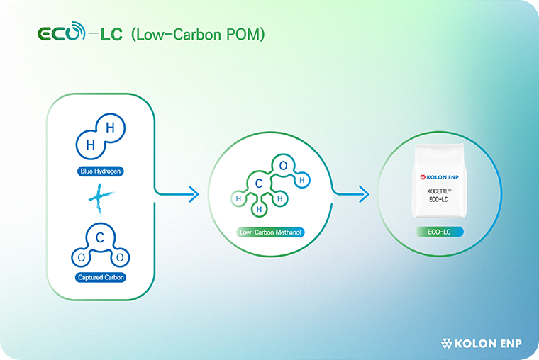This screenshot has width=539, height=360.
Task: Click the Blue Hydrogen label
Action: point(100,171)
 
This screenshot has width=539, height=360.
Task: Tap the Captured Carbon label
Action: point(100,277)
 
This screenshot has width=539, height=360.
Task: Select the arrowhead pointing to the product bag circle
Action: point(363,193)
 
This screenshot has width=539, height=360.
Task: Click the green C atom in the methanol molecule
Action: point(260,184)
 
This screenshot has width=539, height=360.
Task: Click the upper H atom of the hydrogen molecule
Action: point(110,128)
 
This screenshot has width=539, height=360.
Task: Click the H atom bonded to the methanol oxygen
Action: point(302,181)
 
